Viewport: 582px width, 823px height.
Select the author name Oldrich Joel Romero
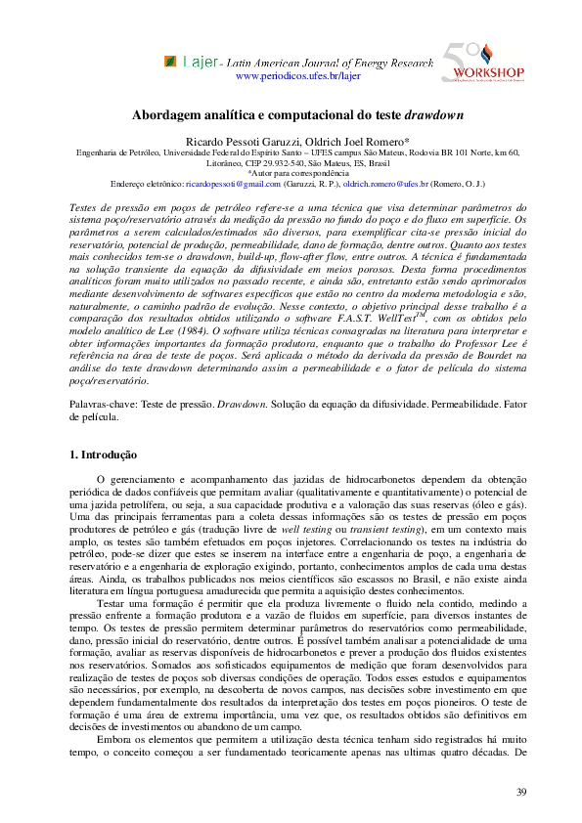(x=328, y=142)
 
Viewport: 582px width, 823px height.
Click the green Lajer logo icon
(x=171, y=62)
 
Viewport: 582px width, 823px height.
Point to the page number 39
(x=521, y=790)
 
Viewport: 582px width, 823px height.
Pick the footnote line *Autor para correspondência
(x=291, y=173)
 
